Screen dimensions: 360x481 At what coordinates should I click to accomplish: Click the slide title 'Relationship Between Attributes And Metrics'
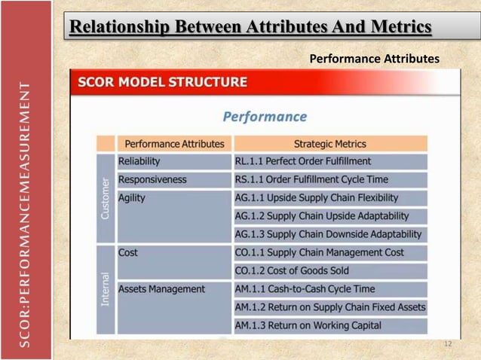[250, 27]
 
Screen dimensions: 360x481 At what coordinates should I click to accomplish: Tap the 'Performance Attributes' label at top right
[374, 58]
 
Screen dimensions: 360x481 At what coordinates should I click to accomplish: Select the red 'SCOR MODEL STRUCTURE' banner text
[162, 82]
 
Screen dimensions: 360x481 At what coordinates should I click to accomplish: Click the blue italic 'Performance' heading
[265, 117]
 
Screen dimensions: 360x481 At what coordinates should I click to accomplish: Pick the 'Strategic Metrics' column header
[329, 143]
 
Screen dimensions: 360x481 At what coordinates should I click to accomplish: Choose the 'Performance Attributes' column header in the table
[174, 143]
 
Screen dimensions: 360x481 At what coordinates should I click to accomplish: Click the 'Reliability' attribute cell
[139, 161]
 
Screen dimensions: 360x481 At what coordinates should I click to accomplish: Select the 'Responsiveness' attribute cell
[152, 180]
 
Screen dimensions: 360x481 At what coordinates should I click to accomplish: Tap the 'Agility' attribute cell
[132, 198]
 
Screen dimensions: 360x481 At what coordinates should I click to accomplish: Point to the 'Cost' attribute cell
[128, 253]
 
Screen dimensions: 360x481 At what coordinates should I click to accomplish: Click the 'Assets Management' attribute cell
[161, 289]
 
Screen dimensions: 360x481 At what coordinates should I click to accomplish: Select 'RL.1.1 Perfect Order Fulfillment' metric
[303, 161]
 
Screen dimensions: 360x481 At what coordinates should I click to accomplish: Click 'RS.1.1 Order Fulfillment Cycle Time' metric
[311, 180]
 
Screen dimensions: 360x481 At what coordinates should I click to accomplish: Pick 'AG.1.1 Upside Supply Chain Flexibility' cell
[317, 198]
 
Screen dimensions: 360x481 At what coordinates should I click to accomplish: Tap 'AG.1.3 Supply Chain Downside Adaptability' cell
[328, 234]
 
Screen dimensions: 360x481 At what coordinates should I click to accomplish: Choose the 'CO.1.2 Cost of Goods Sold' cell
[292, 271]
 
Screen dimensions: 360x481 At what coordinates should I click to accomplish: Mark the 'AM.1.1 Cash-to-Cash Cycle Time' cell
[305, 289]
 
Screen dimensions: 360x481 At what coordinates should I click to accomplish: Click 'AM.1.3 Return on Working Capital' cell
[308, 325]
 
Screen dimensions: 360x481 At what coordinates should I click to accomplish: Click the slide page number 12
[447, 344]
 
